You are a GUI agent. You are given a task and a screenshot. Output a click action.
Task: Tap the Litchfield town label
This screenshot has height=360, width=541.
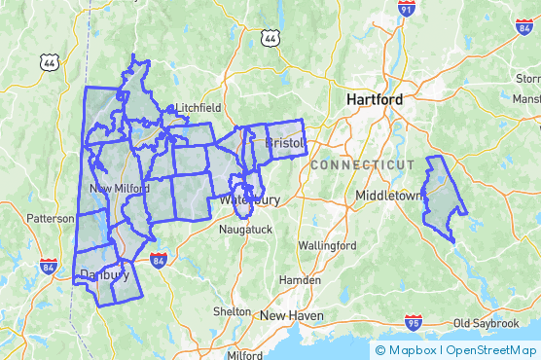(x=198, y=108)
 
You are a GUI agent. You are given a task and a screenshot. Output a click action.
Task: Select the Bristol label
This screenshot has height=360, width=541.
(x=285, y=143)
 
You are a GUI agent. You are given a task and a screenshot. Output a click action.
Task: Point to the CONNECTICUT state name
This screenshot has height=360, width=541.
(x=362, y=165)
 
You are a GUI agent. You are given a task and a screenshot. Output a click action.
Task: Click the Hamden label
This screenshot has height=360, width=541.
(x=300, y=279)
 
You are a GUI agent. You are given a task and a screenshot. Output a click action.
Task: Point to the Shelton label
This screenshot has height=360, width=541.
(x=233, y=312)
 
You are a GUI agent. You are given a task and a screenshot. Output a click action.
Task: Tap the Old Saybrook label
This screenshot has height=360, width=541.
(x=488, y=322)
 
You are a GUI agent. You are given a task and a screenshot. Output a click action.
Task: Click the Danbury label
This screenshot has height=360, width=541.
(x=104, y=274)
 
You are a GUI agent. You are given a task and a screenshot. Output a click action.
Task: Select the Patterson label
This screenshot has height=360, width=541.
(x=51, y=218)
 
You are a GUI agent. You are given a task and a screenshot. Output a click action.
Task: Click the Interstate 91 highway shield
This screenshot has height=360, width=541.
(x=407, y=10)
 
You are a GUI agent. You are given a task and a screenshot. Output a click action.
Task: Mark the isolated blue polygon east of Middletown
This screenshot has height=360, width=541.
(x=443, y=198)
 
